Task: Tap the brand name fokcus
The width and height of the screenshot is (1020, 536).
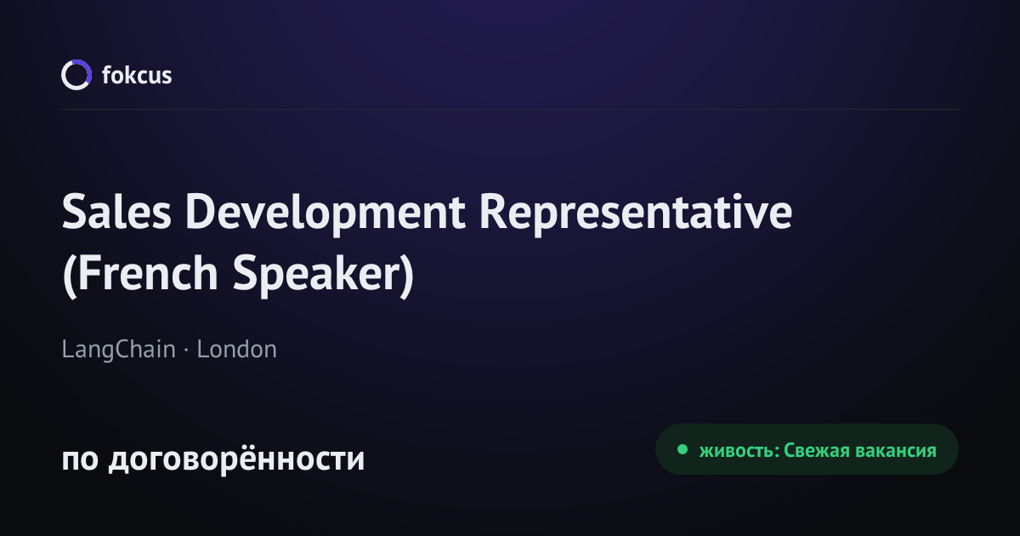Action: click(137, 75)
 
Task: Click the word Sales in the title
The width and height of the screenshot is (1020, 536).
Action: click(116, 212)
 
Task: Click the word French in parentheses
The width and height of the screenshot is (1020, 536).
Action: click(148, 273)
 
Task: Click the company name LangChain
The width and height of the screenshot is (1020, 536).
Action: click(118, 350)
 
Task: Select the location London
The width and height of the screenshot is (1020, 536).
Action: click(237, 350)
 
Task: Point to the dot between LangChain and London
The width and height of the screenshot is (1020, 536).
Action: click(186, 351)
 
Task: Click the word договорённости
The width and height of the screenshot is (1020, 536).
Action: click(237, 459)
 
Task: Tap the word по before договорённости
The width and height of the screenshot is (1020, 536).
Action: click(80, 459)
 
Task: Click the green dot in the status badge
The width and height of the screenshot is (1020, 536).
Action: click(683, 449)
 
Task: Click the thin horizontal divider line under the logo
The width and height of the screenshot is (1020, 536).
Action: click(510, 110)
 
